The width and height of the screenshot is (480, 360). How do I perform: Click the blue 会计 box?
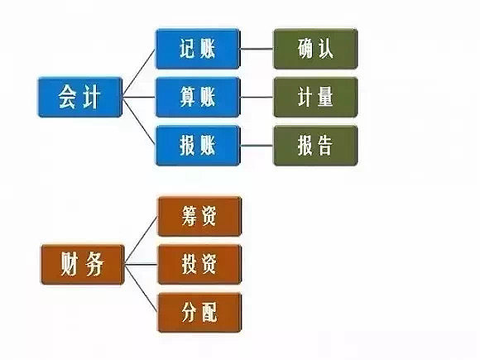coord(79,96)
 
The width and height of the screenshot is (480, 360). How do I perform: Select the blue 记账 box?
coord(197,49)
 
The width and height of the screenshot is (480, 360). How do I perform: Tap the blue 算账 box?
coord(197,97)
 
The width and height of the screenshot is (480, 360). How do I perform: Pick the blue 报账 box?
coord(197,145)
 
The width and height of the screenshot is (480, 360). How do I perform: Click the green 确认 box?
coord(314,49)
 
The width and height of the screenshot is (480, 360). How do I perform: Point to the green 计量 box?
coord(314,97)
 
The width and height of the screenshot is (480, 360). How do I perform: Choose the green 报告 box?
coord(314,145)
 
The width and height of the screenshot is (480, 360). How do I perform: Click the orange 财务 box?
coord(79,264)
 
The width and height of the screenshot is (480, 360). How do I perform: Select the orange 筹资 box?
coord(198,217)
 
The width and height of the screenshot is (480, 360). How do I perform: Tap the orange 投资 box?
coord(198,264)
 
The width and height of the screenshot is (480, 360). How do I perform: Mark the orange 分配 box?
coord(198,312)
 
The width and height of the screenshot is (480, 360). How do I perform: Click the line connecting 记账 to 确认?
coord(257,49)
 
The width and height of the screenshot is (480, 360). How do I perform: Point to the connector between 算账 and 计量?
coord(257,97)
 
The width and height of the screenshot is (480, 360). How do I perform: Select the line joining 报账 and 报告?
coord(257,145)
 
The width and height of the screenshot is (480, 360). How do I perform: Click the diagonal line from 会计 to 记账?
coord(139,72)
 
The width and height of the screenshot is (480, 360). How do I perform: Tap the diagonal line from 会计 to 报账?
coord(139,122)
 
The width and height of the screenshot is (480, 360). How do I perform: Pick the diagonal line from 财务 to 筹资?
coord(139,241)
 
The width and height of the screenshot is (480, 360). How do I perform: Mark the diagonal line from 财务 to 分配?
coord(139,289)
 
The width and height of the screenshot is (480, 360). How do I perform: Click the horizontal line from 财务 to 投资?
coord(139,265)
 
